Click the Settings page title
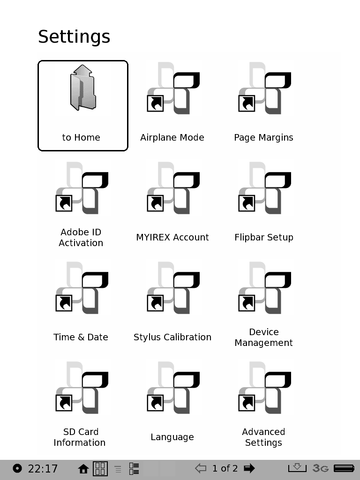coord(74,37)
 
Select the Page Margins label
coord(263,137)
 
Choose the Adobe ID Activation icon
coord(82,187)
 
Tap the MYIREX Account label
coord(172,237)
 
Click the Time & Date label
coord(81,337)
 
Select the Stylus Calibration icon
coord(173,287)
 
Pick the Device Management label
coord(263,337)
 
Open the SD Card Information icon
coord(82,387)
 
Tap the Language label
coord(172,437)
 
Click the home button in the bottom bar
coord(83,468)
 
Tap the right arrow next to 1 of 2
coord(249,468)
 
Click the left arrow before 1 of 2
coord(201,468)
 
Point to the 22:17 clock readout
coord(43,468)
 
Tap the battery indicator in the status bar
coord(344,468)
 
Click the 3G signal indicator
coord(321,468)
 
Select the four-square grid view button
coord(100,468)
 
